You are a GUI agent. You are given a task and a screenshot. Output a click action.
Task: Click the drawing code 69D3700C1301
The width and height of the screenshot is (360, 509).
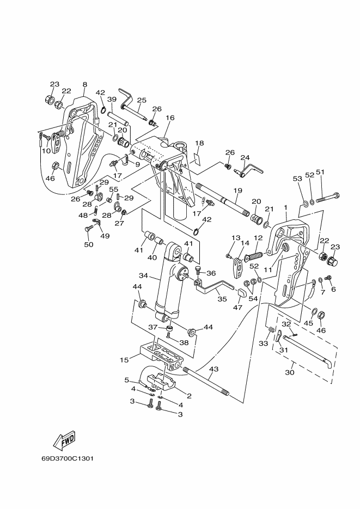pyautogui.click(x=68, y=459)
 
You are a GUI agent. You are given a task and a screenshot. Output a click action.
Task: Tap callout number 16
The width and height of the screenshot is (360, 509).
pyautogui.click(x=170, y=118)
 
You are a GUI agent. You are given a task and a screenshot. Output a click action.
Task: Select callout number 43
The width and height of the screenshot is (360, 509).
pyautogui.click(x=214, y=369)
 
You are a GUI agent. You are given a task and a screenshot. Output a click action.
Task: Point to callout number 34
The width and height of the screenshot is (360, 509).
pyautogui.click(x=143, y=275)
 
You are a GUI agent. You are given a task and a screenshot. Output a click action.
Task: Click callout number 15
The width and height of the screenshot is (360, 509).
pyautogui.click(x=124, y=360)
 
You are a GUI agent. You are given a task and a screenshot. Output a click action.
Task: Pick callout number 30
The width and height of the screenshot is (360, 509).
pyautogui.click(x=290, y=372)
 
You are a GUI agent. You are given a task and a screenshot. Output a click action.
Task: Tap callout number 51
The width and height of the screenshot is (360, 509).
pyautogui.click(x=320, y=172)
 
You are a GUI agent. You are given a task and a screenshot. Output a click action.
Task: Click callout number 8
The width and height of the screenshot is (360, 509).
pyautogui.click(x=85, y=84)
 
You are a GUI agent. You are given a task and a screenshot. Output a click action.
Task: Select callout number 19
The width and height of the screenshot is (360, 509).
pyautogui.click(x=237, y=190)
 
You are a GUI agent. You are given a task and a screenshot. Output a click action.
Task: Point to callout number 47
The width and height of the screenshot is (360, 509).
pyautogui.click(x=238, y=307)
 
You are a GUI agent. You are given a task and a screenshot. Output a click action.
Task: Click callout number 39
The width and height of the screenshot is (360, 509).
pyautogui.click(x=112, y=99)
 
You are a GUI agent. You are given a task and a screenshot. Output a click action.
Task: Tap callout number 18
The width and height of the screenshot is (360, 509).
pyautogui.click(x=199, y=143)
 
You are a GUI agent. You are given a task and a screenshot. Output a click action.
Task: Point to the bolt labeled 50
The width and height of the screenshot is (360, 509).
pyautogui.click(x=88, y=229)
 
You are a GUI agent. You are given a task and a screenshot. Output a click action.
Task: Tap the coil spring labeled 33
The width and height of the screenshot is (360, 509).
pyautogui.click(x=270, y=331)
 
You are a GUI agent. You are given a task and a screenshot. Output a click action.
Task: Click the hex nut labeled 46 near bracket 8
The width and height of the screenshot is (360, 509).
pyautogui.click(x=56, y=166)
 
